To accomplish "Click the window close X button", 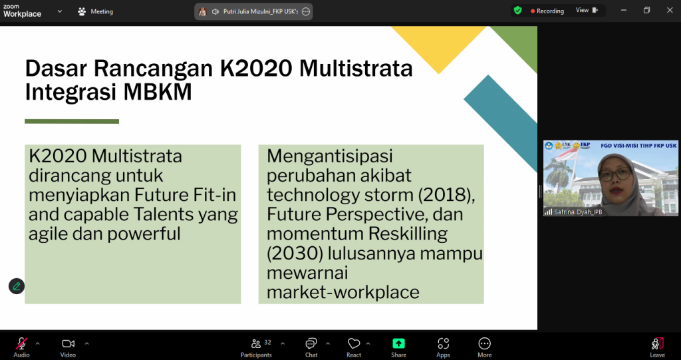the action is pos(670,11).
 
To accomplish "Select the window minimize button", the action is pos(624,11).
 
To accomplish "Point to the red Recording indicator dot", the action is pos(533,11).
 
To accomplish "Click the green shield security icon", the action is pos(517,11).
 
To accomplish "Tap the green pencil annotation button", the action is pos(17,286).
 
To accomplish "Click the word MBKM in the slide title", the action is pos(158,92).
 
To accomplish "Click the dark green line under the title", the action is pos(72,121).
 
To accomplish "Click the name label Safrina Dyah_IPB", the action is pos(578,212).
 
